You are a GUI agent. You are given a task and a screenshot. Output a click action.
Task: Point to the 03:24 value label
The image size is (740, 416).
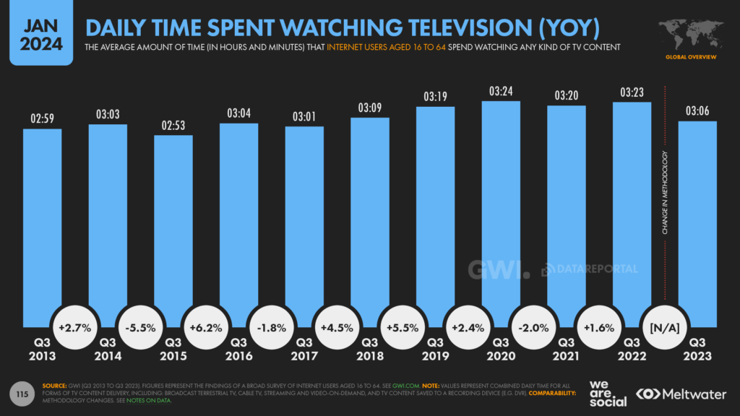click(501, 92)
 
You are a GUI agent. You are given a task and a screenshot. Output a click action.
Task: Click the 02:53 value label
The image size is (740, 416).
click(173, 126)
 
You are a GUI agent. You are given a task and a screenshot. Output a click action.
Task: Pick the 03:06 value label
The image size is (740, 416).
click(697, 111)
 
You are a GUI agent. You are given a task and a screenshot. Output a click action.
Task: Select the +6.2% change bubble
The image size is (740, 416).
click(206, 327)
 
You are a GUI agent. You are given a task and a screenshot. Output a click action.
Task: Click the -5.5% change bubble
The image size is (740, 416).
click(140, 327)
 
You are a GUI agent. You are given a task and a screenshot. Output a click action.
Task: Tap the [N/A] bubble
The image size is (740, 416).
click(665, 327)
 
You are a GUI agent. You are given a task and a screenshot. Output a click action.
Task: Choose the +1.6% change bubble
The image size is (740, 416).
click(599, 327)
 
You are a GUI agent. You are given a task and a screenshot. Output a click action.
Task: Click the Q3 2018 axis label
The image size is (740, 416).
click(369, 349)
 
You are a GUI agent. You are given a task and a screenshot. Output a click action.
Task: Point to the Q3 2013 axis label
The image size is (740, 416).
click(42, 349)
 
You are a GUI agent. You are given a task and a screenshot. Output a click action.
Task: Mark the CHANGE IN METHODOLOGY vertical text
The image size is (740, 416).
click(665, 193)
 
